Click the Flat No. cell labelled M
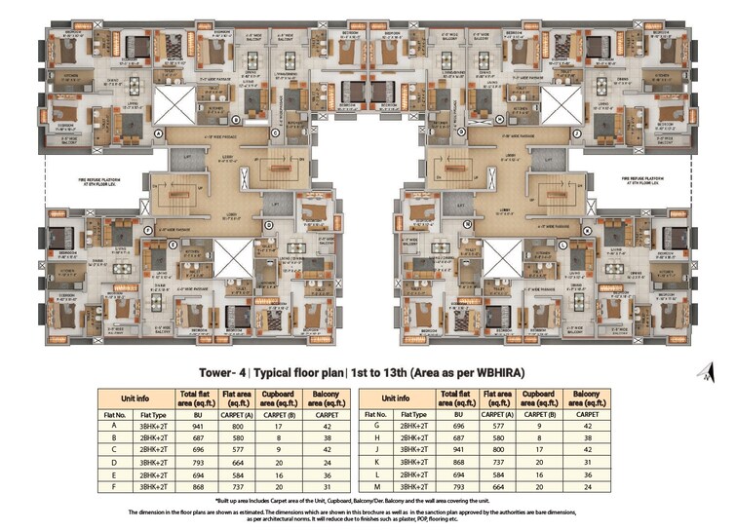376,486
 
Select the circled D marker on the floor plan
267,223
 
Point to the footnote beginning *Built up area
367,500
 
